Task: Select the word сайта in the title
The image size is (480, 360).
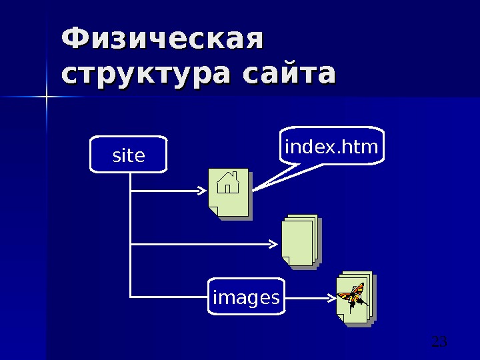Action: pos(289,75)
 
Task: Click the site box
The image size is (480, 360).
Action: pos(129,156)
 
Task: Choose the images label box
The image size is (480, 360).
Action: pos(245,297)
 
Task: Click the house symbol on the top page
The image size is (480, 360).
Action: pos(229,181)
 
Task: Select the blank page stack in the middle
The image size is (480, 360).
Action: pos(299,241)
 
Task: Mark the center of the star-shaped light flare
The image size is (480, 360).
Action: pos(47,98)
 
